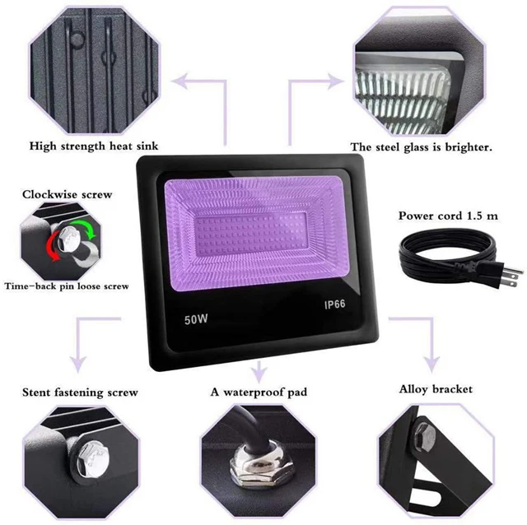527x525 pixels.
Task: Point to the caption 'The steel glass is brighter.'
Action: pos(422,147)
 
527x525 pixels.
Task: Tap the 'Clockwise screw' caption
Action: pos(67,195)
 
